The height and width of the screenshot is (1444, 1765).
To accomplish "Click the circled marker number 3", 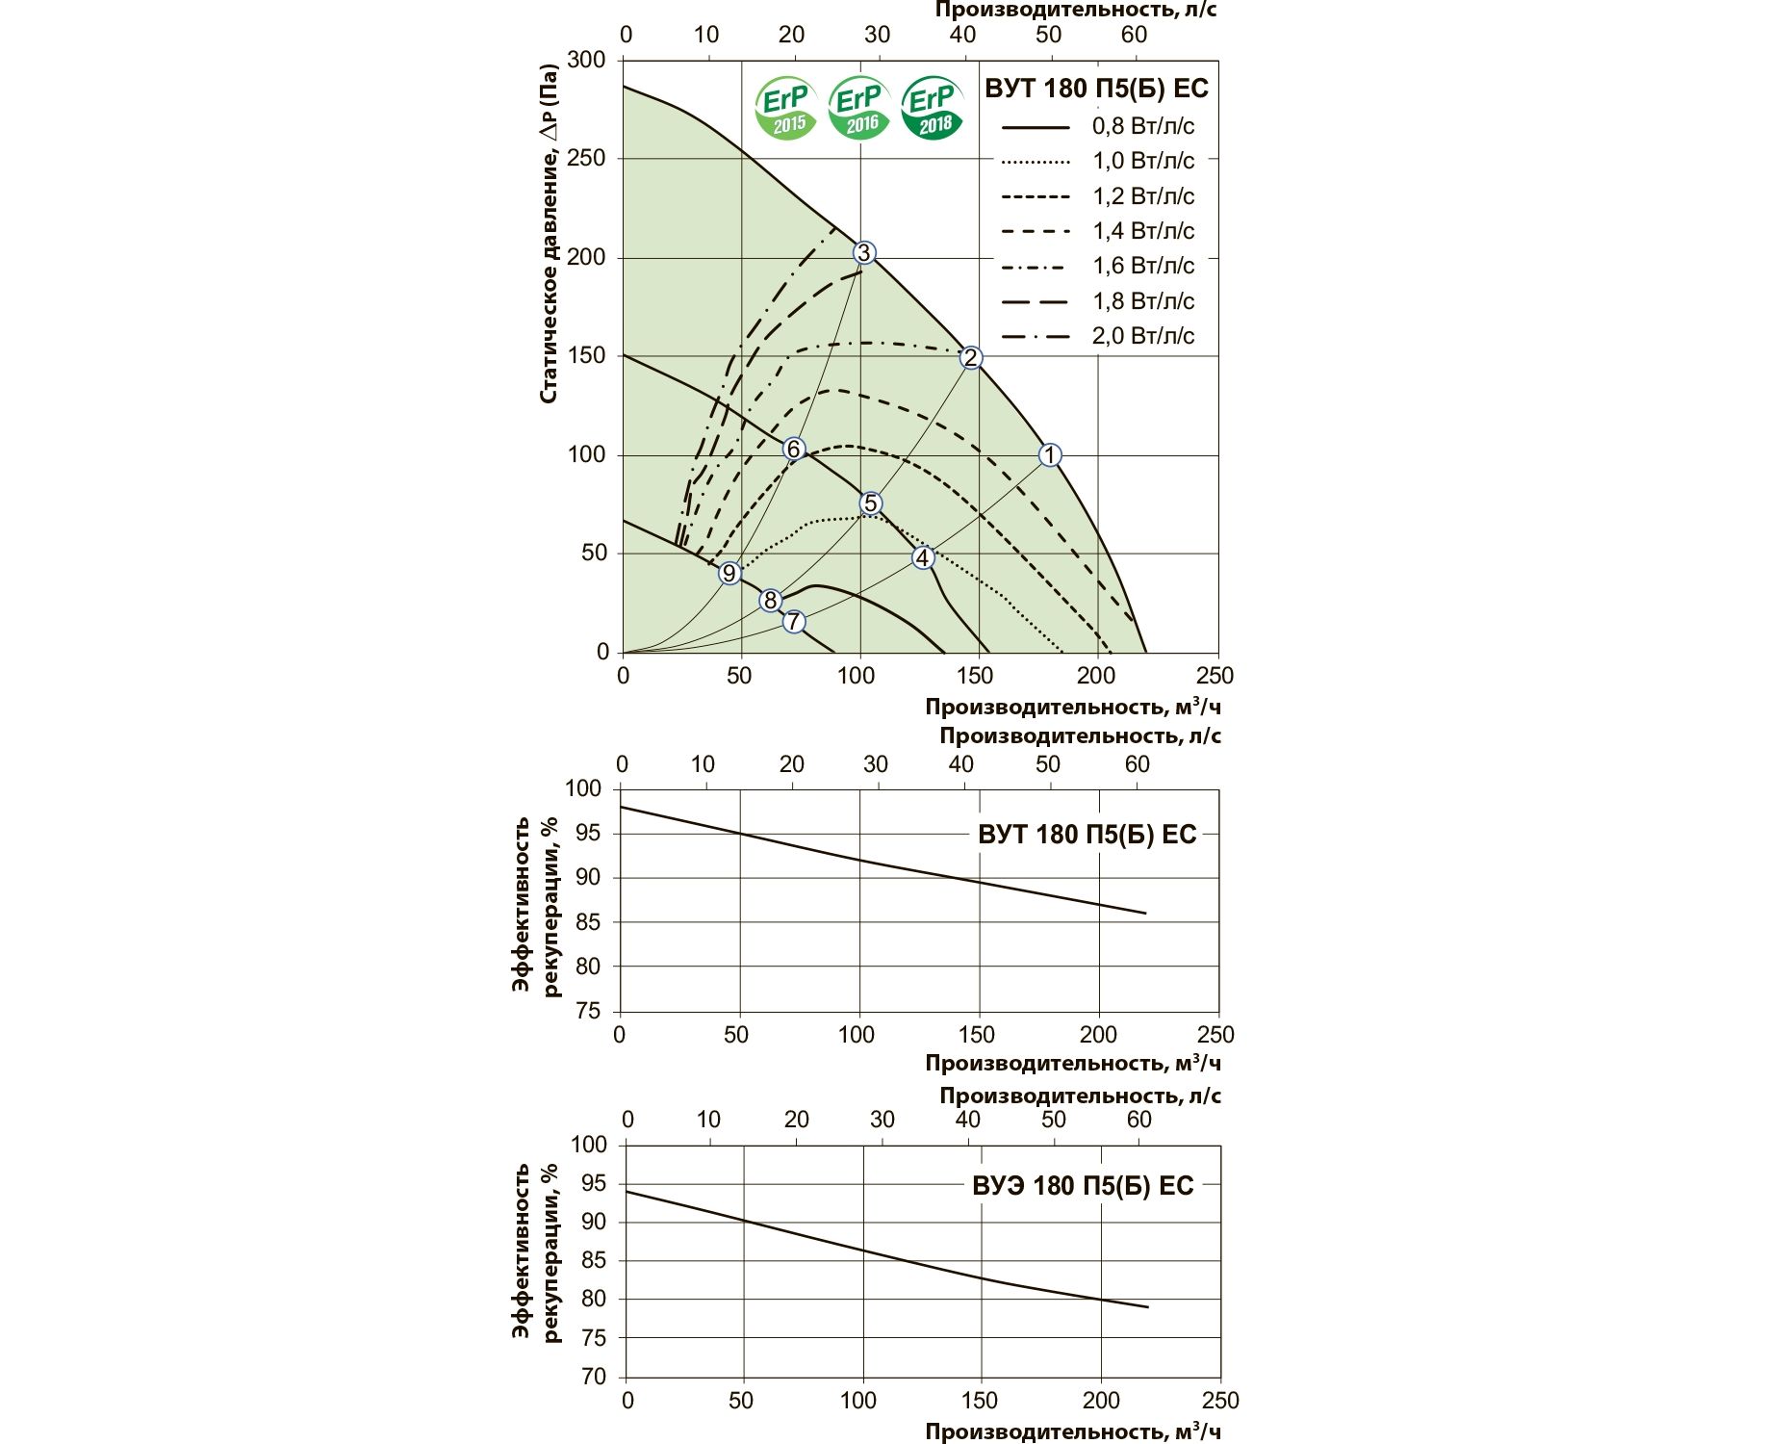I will (863, 252).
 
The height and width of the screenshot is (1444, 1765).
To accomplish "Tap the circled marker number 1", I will (1050, 454).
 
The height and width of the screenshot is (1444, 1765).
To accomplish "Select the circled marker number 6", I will (793, 450).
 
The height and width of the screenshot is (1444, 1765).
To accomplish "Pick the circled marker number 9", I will (729, 574).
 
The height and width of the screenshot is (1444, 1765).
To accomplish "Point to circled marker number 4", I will (923, 557).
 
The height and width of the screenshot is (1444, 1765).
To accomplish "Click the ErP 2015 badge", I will (786, 109).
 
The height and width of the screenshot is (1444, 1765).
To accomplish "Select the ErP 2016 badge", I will (859, 109).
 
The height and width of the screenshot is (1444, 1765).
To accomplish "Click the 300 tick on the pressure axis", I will (587, 60).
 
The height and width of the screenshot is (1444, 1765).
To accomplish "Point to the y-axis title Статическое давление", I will (549, 234).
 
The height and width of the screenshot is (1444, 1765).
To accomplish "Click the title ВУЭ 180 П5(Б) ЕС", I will (1083, 1185).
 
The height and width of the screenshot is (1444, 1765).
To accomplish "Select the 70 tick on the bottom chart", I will (594, 1377).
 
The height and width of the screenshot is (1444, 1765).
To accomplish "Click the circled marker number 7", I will (793, 621).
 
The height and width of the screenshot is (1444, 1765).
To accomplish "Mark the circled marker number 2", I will (971, 357).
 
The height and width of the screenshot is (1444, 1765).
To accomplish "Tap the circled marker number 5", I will (870, 503).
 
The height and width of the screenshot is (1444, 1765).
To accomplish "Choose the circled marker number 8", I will (770, 601).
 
